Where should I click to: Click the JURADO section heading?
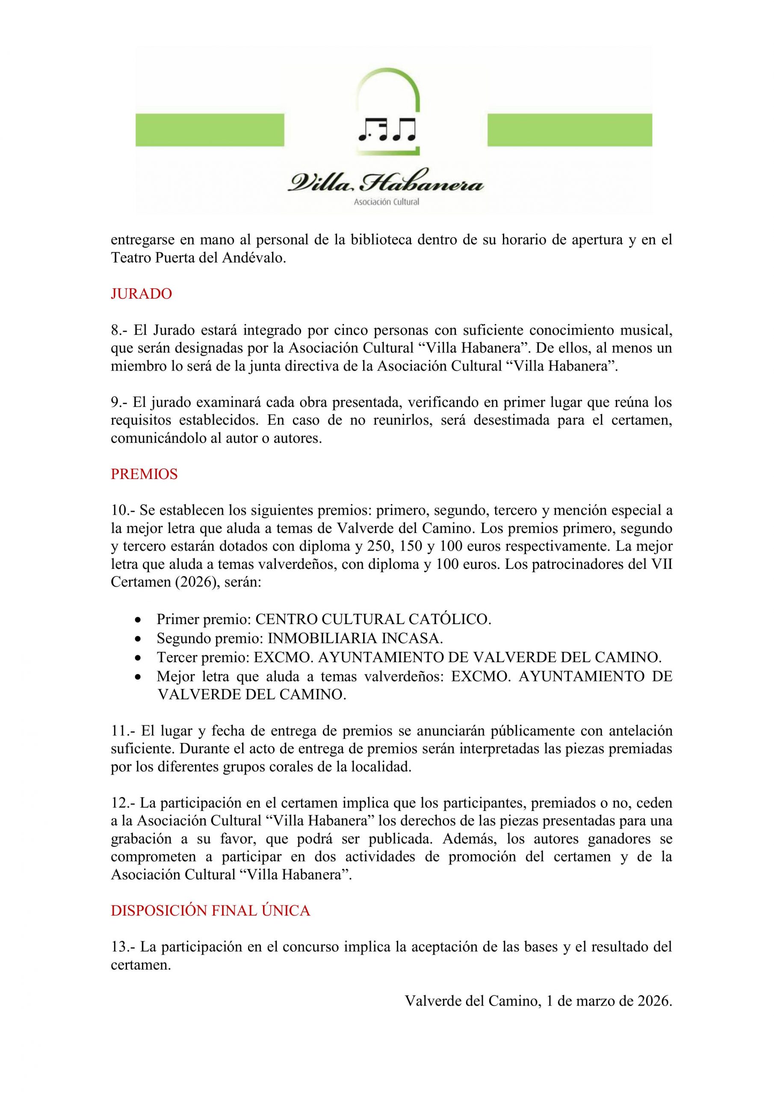141,294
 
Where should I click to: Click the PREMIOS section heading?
144,474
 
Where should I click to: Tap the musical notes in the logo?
387,130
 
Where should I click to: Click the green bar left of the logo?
210,129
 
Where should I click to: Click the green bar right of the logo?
570,129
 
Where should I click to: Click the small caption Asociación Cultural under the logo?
386,202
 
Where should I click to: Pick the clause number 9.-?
120,402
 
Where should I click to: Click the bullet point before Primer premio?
138,619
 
